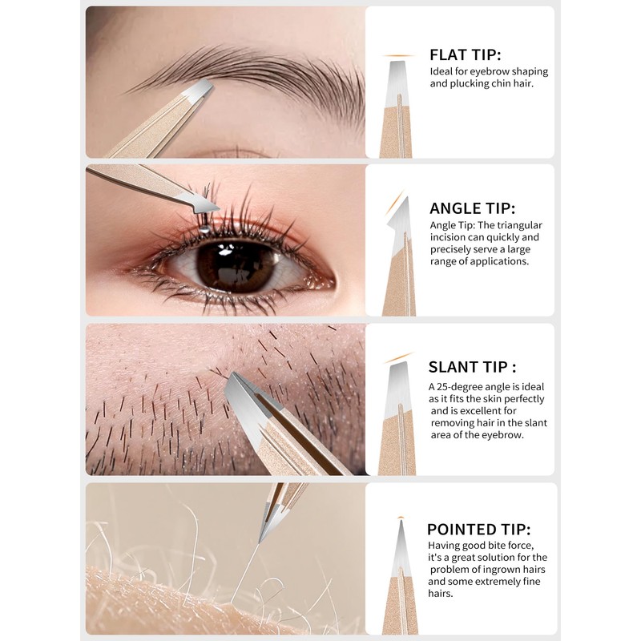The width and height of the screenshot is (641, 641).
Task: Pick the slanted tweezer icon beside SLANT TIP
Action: click(398, 417)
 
